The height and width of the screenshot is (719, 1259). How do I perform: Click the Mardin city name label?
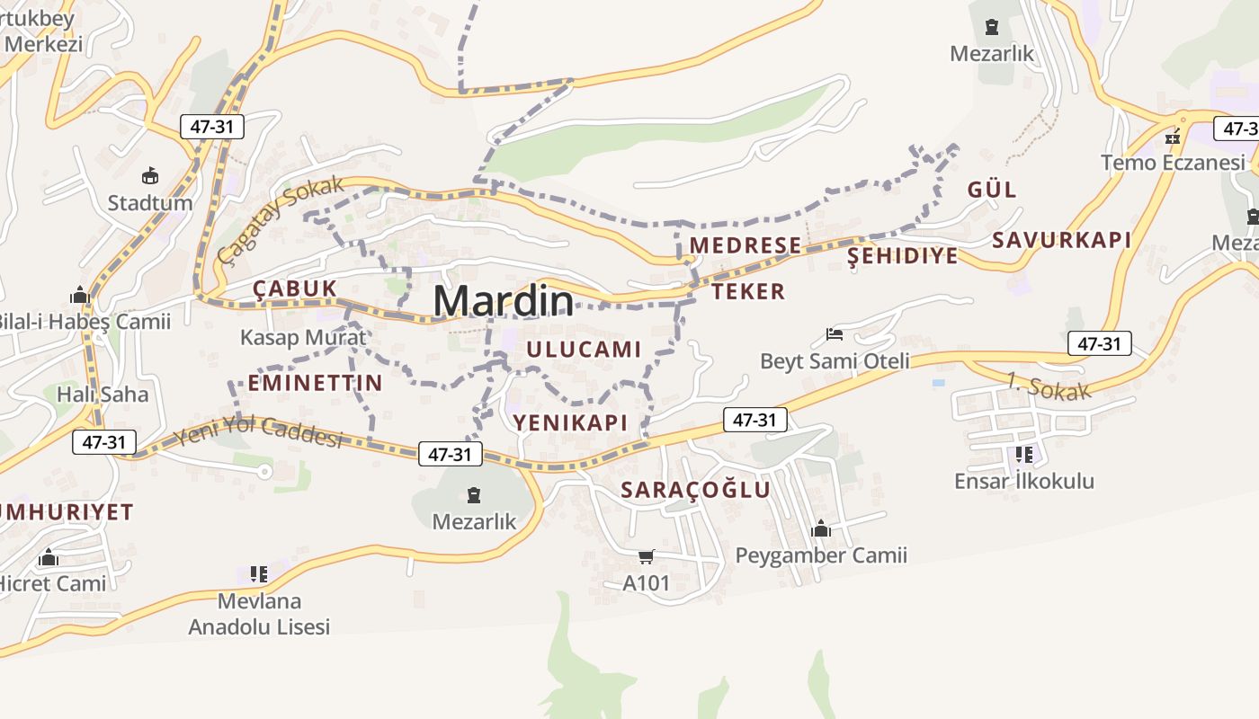(503, 300)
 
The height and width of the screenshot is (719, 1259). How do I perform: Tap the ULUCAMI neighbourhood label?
(584, 350)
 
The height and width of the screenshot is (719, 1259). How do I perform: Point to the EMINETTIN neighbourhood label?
(315, 383)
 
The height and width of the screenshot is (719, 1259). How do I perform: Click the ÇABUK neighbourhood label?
(295, 288)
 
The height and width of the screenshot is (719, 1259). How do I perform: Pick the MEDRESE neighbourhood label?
(745, 245)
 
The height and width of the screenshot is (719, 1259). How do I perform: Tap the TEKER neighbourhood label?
(748, 291)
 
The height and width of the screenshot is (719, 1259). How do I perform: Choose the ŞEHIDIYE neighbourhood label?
(903, 256)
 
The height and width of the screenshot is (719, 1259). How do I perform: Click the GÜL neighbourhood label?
(992, 190)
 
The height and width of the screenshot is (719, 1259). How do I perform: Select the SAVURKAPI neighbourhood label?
(1061, 240)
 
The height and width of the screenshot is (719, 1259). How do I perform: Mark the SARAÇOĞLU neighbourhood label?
(696, 490)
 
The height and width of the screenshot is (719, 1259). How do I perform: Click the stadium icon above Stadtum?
(150, 175)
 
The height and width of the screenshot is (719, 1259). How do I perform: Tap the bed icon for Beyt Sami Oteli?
(835, 334)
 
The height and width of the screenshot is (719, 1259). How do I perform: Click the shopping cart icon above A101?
(646, 556)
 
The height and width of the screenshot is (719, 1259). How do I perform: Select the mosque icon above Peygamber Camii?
(820, 528)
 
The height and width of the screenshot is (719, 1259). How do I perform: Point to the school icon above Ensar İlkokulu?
(1023, 455)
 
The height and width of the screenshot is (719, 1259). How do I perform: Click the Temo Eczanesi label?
(1174, 163)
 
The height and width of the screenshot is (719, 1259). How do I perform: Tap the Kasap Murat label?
(303, 337)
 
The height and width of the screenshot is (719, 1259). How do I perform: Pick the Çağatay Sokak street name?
(281, 220)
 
